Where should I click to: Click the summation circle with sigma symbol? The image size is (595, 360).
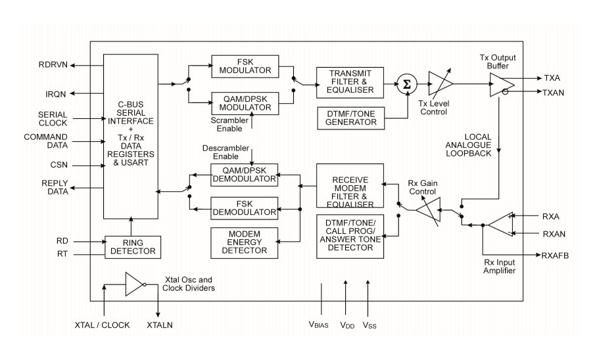point(406,83)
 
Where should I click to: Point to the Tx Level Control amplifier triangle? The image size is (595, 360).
point(439,83)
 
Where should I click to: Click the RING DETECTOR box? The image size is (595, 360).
point(132,246)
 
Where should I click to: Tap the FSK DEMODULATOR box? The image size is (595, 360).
point(244,208)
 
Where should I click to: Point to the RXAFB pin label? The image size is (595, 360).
point(555,255)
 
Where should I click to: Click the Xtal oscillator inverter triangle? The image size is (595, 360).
point(135,284)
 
